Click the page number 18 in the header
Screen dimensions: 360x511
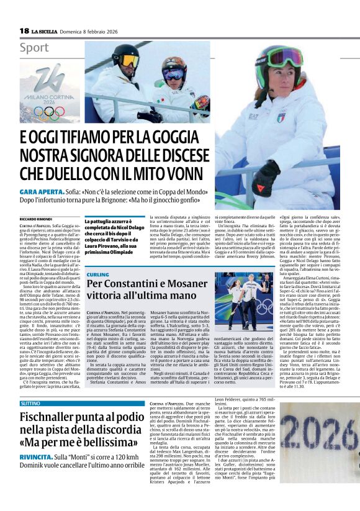tap(24, 30)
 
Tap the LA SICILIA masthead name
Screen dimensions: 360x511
tap(47, 31)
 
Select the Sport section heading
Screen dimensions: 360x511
tap(34, 47)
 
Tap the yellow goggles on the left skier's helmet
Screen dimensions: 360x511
tap(130, 61)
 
